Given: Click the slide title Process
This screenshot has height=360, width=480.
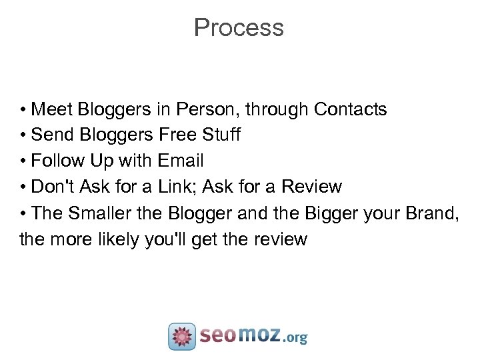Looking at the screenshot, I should pyautogui.click(x=239, y=28).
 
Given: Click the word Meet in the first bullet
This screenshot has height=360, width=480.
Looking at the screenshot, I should pyautogui.click(x=47, y=109).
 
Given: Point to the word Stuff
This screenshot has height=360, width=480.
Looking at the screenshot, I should pyautogui.click(x=222, y=135).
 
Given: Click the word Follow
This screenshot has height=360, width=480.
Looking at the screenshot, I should pyautogui.click(x=58, y=161).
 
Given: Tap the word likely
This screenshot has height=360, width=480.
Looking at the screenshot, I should pyautogui.click(x=118, y=239).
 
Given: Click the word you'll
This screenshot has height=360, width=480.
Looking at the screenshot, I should pyautogui.click(x=166, y=239).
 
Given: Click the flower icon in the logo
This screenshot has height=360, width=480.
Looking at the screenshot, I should pyautogui.click(x=182, y=336).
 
